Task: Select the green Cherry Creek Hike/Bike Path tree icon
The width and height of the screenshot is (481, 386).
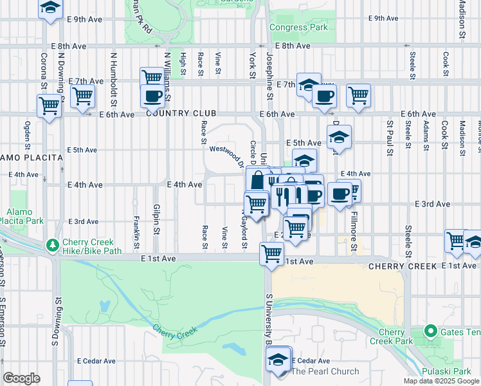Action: point(51,244)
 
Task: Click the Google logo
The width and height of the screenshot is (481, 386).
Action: point(21,378)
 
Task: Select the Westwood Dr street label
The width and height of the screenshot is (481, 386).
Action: point(225,154)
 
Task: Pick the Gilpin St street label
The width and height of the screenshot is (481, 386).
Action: point(156,219)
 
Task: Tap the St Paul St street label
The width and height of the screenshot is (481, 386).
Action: point(390,133)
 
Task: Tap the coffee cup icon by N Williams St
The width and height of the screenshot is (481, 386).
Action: point(152,96)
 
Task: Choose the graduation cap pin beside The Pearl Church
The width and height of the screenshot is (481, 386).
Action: point(278,358)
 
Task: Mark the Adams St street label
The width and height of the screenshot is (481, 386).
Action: point(426,133)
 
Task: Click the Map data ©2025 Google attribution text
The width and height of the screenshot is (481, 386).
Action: point(440,381)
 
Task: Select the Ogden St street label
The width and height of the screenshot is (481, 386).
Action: point(28,133)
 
